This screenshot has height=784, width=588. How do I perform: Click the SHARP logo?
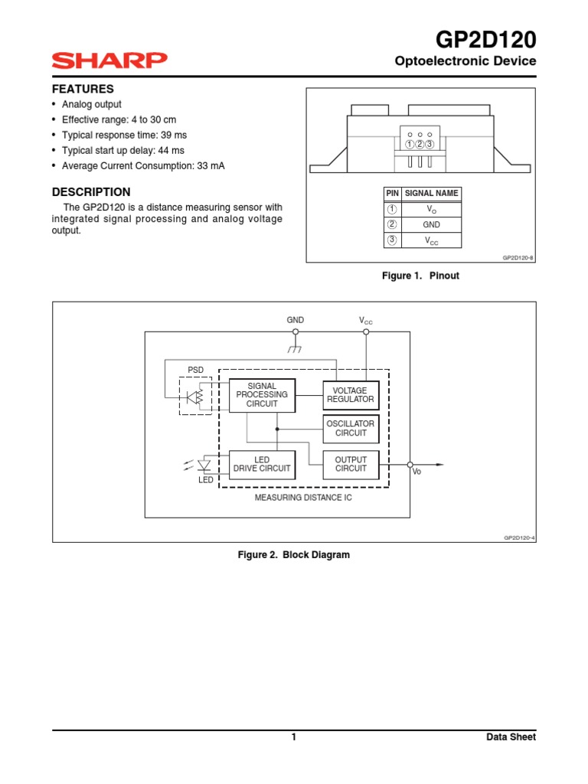109,60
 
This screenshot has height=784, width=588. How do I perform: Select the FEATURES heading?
83,89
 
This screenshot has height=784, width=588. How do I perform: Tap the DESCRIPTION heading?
91,192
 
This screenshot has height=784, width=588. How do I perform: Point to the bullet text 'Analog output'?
91,104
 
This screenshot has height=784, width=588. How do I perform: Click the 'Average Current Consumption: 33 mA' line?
143,166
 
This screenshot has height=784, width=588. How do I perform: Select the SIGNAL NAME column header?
431,194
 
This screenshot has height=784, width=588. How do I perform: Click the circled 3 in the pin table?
392,241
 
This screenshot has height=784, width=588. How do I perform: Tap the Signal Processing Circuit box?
262,395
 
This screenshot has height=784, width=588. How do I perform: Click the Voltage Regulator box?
351,395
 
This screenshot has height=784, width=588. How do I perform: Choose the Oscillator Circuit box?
351,428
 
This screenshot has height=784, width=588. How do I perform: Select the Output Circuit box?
351,464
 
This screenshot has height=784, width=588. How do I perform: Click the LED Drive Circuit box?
262,464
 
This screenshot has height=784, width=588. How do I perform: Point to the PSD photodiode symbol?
196,397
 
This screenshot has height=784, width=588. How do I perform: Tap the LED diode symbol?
204,465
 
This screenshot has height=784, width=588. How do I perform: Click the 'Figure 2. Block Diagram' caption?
294,555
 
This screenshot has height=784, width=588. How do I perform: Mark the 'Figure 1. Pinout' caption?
420,276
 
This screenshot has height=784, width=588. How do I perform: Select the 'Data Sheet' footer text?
511,737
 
